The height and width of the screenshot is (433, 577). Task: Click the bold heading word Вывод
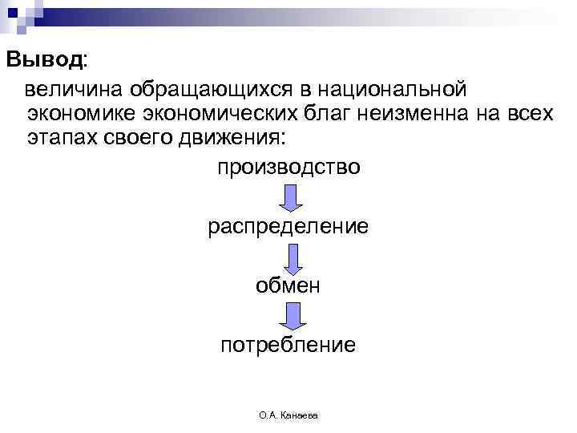pos(44,60)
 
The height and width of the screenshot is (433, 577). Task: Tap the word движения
pos(233,138)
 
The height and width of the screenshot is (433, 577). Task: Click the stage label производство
pos(288,168)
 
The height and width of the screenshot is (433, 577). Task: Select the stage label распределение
pos(288,226)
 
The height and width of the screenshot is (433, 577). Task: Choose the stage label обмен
pos(288,285)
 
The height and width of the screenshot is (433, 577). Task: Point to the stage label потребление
pos(288,345)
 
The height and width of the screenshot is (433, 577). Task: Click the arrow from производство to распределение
pos(290,197)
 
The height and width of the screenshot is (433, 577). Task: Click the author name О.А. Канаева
pos(288,415)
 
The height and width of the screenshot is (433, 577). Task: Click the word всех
pos(530,113)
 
